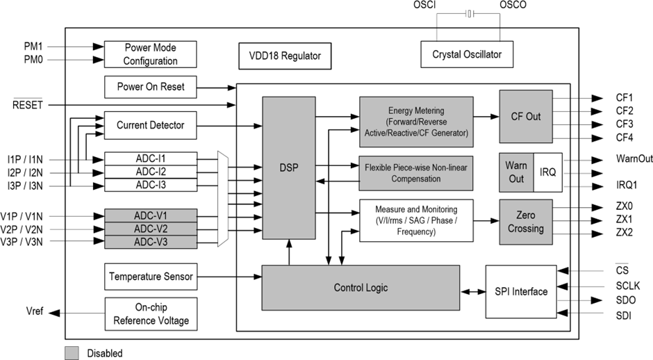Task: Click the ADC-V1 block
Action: [x=151, y=215]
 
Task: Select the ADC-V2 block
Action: [x=151, y=229]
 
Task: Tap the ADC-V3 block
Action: [x=151, y=242]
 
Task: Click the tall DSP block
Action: [x=288, y=167]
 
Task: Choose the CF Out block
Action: [x=526, y=116]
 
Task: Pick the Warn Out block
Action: [x=516, y=172]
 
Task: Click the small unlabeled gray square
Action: [x=72, y=353]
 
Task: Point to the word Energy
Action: [x=402, y=111]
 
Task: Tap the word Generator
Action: [x=448, y=133]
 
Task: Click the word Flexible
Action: [x=380, y=167]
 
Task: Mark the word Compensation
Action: [x=416, y=179]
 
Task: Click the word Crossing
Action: [x=526, y=229]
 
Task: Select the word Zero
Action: [x=526, y=215]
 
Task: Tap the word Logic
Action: [x=376, y=288]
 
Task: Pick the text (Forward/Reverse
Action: [x=417, y=122]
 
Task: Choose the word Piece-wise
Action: [x=414, y=167]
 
